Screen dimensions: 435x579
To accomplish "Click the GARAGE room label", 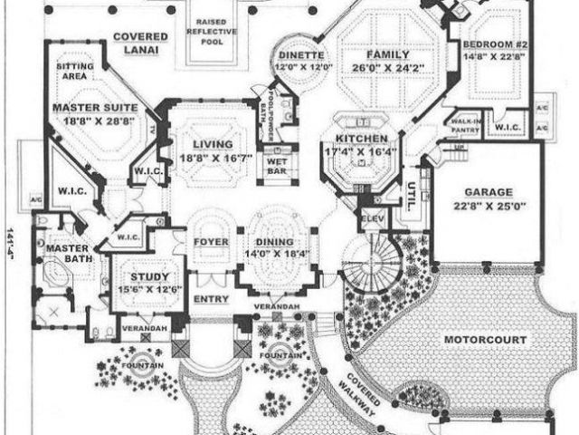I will click(x=489, y=192).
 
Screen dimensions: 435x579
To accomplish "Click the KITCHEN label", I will click(x=360, y=139).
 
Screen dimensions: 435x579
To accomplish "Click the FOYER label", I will click(x=211, y=242).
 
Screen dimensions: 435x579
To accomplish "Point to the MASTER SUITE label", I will click(x=93, y=107).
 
